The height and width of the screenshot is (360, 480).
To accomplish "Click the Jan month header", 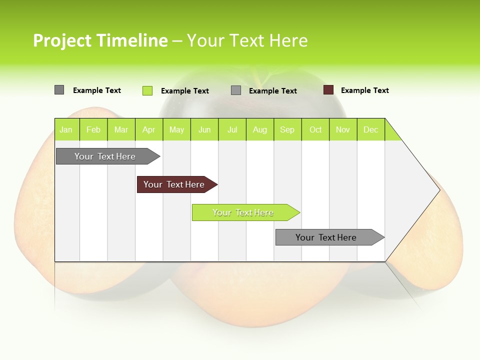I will [66, 129].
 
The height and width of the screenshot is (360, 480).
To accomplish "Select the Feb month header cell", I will [93, 129].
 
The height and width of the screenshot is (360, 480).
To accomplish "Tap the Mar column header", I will [121, 129].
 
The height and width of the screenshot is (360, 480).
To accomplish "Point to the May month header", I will [176, 129].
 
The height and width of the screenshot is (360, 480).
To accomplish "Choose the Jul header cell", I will [232, 129].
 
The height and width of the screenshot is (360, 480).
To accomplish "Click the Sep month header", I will [287, 129].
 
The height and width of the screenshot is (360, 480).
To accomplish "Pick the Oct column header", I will [315, 129].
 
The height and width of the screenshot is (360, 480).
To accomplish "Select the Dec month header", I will [370, 129].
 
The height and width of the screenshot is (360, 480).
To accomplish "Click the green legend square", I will [147, 90].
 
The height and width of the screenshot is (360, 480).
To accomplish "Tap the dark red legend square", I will [328, 90].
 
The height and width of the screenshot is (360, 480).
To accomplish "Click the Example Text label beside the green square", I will [184, 91].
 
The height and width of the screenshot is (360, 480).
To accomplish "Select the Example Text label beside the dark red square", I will [364, 90].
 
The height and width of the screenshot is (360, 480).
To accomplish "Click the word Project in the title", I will [62, 40].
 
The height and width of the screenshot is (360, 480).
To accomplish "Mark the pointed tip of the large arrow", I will [438, 190].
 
